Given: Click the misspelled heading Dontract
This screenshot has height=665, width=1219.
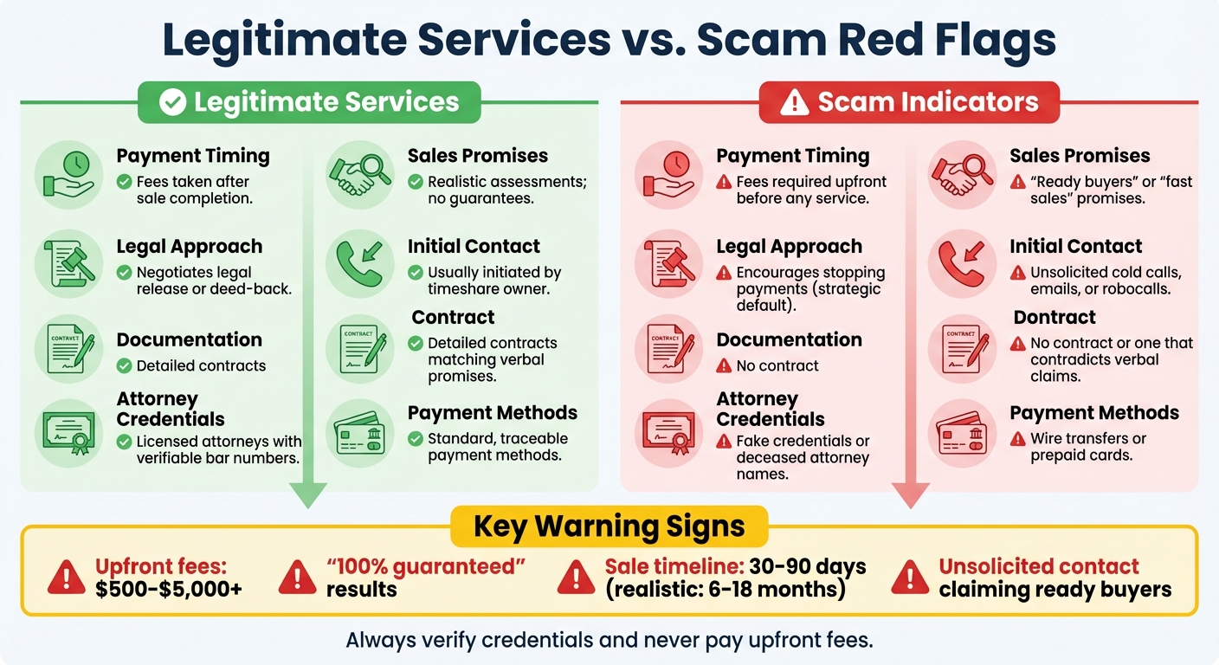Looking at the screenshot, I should pos(1055,318).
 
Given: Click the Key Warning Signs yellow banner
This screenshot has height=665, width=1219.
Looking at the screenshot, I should pos(609,526).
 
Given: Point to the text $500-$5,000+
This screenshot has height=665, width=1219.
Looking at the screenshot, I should pos(169,590).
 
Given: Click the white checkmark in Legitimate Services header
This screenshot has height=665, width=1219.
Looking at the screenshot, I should pos(173,102).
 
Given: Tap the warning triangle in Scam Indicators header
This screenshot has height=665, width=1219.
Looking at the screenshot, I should pos(794,103).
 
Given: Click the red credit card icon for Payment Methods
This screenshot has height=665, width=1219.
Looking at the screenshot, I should pos(962,434).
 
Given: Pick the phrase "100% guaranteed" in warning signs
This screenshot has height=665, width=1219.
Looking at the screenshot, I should pos(425,567).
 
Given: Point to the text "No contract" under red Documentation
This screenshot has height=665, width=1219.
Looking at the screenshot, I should pos(777,365).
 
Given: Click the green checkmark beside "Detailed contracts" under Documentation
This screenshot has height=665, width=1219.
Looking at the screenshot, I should pos(124,365).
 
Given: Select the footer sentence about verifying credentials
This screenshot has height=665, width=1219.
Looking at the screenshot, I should pos(609,641).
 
